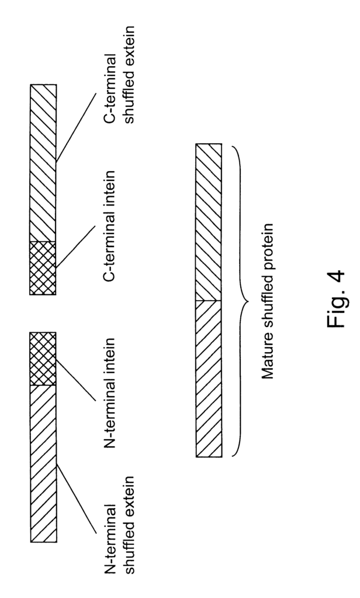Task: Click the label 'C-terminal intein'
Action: coord(109,226)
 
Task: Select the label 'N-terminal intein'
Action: coord(109,392)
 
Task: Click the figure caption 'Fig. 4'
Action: coord(335,300)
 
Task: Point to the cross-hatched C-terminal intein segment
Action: coord(43,267)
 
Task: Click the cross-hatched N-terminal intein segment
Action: coord(43,359)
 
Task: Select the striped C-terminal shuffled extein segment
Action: coord(43,163)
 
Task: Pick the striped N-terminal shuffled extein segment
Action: coord(43,463)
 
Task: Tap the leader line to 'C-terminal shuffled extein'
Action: coord(75,127)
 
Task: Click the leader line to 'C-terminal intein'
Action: coord(75,247)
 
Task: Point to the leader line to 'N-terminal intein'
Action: coord(75,380)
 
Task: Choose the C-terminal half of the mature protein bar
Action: coord(209,222)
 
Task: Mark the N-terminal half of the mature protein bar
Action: coord(209,378)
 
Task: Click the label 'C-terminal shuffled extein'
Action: coord(119,75)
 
